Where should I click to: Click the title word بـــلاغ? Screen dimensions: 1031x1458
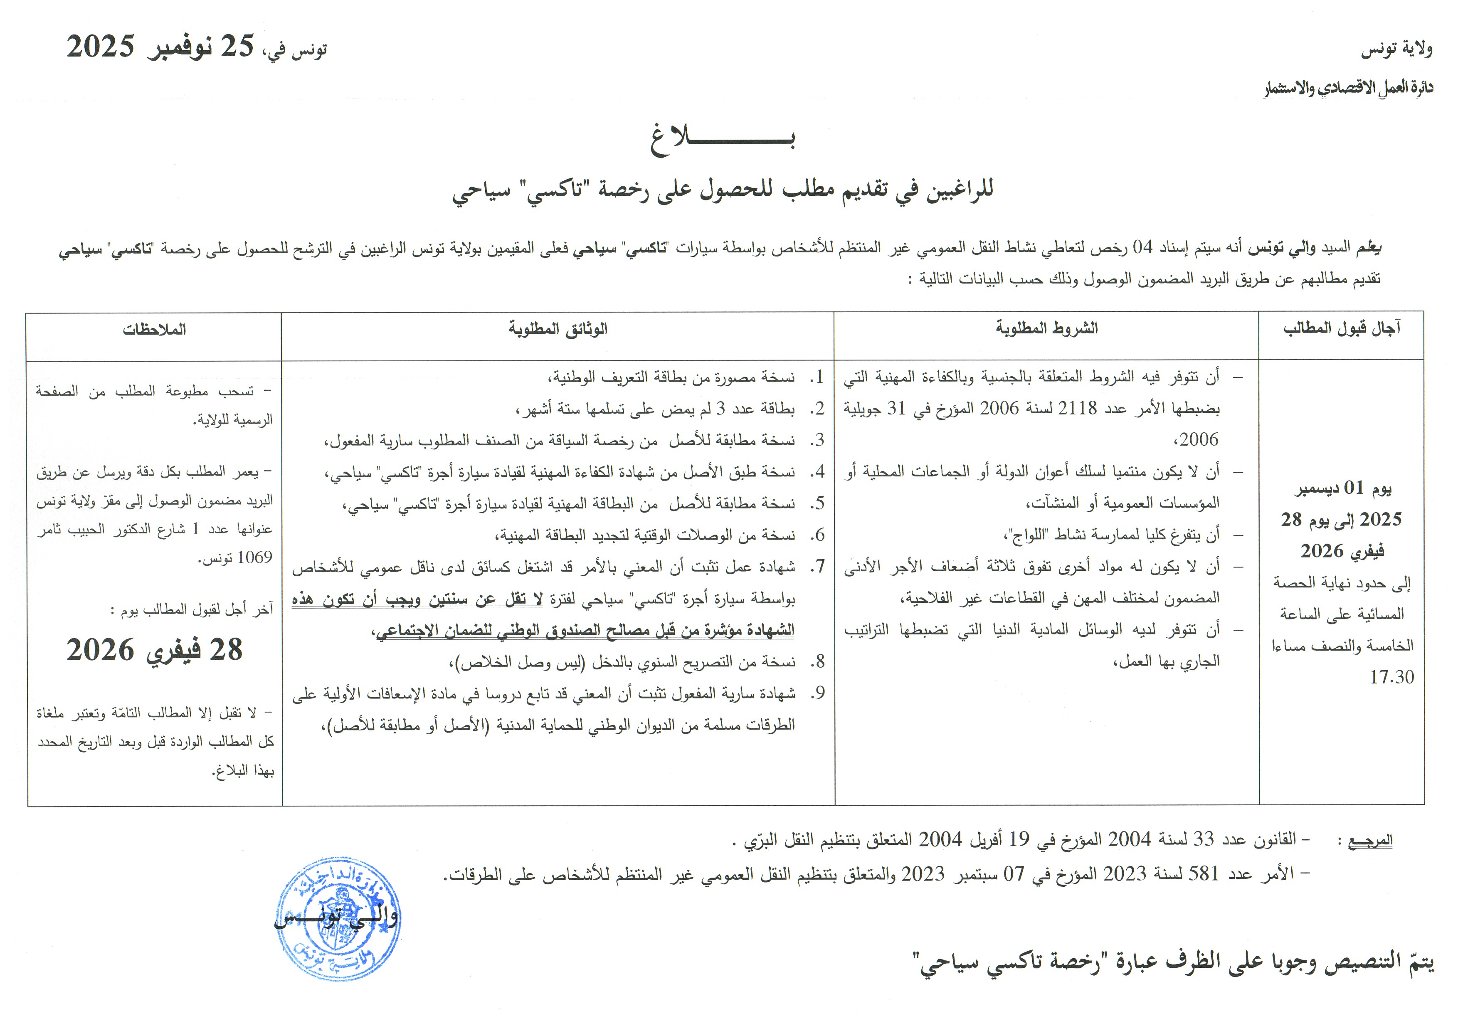click(722, 139)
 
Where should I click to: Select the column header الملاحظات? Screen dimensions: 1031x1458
click(154, 330)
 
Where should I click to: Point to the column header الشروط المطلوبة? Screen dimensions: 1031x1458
click(1046, 328)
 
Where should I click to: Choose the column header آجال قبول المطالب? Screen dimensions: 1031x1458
click(1342, 328)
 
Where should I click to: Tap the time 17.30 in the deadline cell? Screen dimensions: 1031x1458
click(1391, 677)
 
